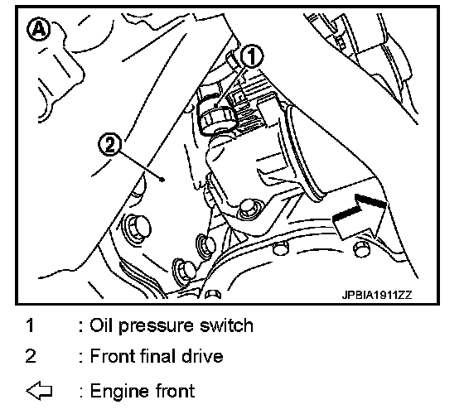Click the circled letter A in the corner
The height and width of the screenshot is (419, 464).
(x=38, y=29)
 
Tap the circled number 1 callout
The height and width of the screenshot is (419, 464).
(x=251, y=56)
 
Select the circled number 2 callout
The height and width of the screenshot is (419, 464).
(x=109, y=145)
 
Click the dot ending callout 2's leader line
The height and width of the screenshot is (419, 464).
(x=162, y=179)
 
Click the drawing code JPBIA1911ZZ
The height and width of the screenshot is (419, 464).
(x=377, y=295)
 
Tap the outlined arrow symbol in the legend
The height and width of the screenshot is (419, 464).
(x=39, y=391)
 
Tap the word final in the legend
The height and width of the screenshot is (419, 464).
(x=157, y=355)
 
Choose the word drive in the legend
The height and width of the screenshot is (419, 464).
(x=202, y=355)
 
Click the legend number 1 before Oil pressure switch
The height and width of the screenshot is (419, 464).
(x=30, y=325)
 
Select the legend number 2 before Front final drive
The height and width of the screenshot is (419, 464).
(x=31, y=355)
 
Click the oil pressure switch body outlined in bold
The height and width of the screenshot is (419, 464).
(x=215, y=115)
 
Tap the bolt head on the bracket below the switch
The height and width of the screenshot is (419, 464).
(x=248, y=208)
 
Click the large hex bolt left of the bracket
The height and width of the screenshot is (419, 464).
(x=138, y=227)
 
